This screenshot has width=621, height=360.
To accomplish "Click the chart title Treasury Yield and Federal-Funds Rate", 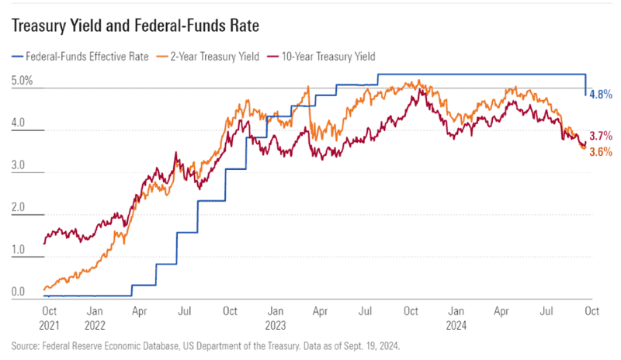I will tap(135, 26).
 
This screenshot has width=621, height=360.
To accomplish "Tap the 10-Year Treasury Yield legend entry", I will tap(321, 56).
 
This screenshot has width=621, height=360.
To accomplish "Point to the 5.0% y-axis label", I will tap(23, 81).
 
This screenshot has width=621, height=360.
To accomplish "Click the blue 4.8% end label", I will tap(602, 94).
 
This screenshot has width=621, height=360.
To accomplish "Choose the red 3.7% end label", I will tap(602, 136).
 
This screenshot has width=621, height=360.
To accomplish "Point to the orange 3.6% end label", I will tap(602, 152).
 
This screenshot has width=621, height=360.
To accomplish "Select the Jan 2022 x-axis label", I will tap(95, 317).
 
